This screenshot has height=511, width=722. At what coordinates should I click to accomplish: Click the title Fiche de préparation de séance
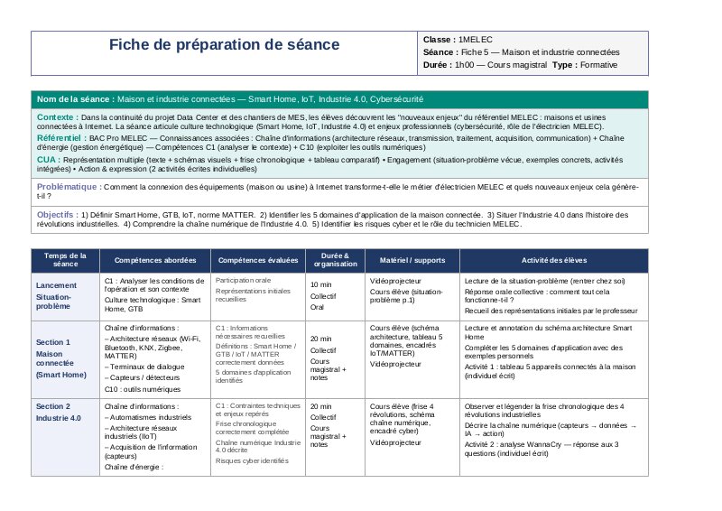pos(225,45)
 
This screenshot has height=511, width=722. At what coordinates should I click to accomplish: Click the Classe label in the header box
pos(440,41)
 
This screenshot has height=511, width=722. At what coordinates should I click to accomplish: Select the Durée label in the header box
pos(438,65)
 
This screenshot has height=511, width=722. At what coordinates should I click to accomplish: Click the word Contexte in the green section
pos(57,117)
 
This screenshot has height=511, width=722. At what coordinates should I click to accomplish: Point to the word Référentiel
pos(61,137)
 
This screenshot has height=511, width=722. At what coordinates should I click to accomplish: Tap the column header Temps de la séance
pos(65,260)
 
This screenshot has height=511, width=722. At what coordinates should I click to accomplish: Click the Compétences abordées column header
pos(155,260)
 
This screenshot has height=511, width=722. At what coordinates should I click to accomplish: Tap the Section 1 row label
pos(53,342)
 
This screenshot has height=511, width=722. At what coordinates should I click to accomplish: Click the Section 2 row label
pos(53,406)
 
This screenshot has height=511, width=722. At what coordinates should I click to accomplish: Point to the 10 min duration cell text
pos(320,285)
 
